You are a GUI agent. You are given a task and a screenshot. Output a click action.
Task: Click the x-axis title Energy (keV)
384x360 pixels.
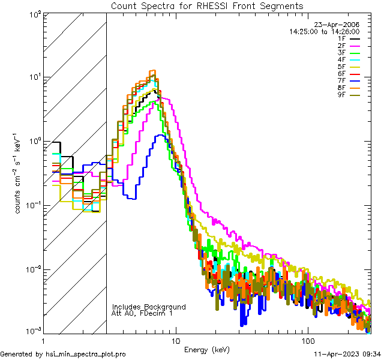point(207,350)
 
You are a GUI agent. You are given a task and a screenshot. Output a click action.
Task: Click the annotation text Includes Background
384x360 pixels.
point(149,307)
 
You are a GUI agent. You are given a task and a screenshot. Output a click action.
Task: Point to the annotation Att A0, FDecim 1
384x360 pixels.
point(142,313)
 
